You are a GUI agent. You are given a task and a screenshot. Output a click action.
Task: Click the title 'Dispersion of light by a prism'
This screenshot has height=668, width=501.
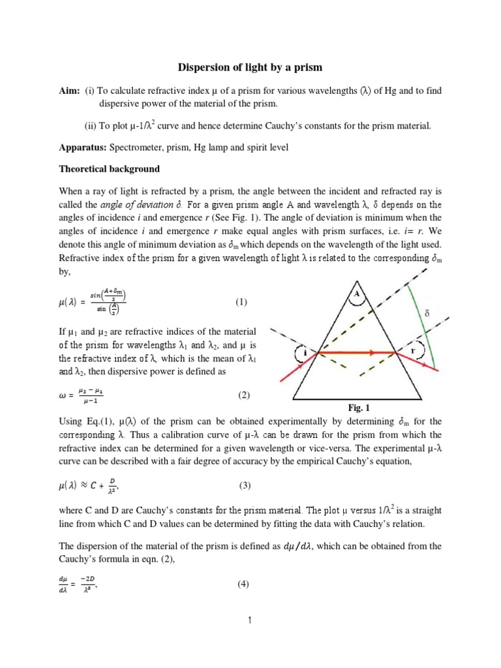pos(250,67)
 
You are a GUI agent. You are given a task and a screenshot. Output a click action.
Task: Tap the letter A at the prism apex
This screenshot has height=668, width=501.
pos(356,294)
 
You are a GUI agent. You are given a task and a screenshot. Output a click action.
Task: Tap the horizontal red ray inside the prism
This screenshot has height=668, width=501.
pos(356,352)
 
